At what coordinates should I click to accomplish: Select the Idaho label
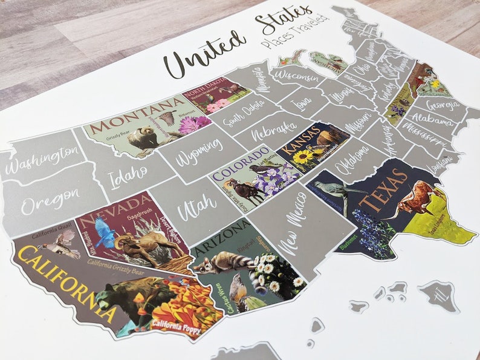pos(128,176)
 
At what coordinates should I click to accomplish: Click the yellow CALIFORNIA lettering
pos(66,279)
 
